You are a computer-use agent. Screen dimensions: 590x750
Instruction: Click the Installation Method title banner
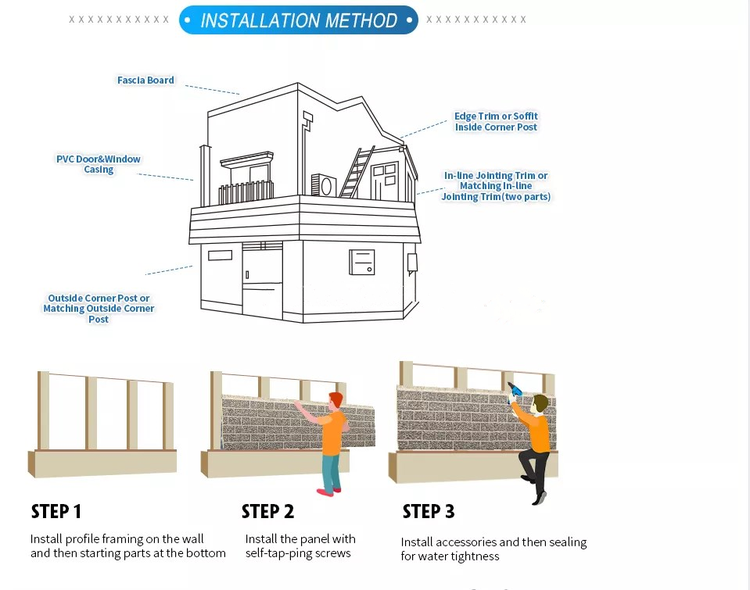(298, 20)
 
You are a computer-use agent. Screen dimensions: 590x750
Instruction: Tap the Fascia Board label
(145, 80)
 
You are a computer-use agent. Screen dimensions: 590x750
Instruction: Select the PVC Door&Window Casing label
(98, 164)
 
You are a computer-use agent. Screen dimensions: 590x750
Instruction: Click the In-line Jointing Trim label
(496, 186)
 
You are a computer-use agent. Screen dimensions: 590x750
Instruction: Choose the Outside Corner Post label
(98, 308)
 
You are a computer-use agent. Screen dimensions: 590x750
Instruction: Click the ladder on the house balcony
(357, 172)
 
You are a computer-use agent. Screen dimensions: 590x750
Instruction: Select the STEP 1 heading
(56, 512)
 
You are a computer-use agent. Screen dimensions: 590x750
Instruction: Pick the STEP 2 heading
(268, 512)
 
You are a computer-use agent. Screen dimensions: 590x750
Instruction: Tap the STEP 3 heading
(428, 512)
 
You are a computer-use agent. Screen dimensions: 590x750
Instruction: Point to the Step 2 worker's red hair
(336, 399)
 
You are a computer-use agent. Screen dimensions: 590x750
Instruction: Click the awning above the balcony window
(247, 159)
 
